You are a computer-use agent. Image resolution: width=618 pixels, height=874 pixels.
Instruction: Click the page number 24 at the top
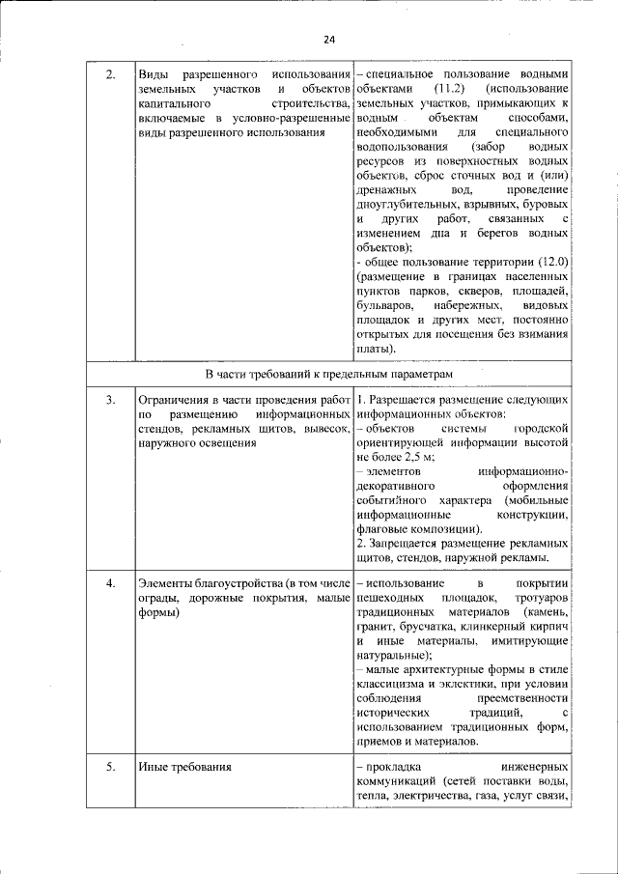[x=329, y=40]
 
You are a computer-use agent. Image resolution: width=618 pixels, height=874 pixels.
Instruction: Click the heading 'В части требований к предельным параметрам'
[x=328, y=373]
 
